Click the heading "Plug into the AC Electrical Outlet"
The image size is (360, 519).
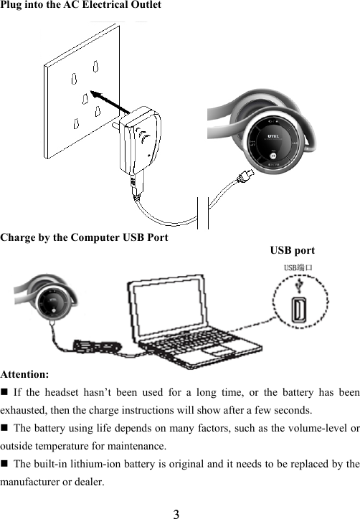[x=80, y=5]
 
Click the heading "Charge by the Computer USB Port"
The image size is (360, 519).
[x=85, y=237]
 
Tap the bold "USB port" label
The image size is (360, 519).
[x=292, y=250]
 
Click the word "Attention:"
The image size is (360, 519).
[x=25, y=374]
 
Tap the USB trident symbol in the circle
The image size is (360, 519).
[x=299, y=286]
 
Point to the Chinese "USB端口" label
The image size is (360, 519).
[x=298, y=269]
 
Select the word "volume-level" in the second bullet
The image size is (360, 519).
[x=318, y=429]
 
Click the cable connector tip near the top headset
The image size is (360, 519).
[x=246, y=174]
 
